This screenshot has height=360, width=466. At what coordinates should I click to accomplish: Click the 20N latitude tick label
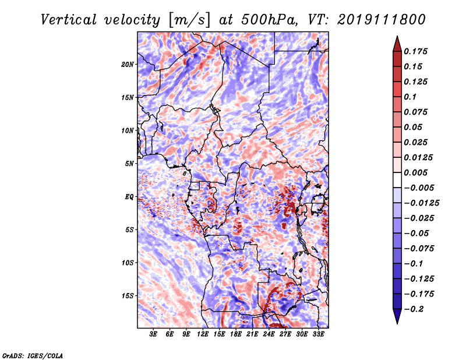pyautogui.click(x=127, y=65)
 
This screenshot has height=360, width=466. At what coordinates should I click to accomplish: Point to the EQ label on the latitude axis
pyautogui.click(x=129, y=197)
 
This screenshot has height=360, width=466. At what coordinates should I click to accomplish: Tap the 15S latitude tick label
pyautogui.click(x=128, y=296)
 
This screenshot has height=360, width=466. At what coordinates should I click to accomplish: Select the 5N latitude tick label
pyautogui.click(x=129, y=164)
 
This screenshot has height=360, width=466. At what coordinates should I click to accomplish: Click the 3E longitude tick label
pyautogui.click(x=153, y=334)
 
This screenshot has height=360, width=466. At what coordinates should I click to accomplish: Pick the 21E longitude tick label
pyautogui.click(x=252, y=334)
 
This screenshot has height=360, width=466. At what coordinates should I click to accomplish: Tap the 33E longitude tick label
pyautogui.click(x=318, y=334)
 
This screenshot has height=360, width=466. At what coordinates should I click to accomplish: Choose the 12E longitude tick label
pyautogui.click(x=202, y=334)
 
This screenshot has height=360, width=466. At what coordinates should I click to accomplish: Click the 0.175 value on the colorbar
pyautogui.click(x=415, y=51)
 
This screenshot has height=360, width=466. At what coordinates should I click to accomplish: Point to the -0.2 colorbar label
pyautogui.click(x=414, y=309)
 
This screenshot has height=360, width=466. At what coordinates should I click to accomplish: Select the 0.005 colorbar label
pyautogui.click(x=415, y=172)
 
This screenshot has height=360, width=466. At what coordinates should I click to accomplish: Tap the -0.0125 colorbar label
pyautogui.click(x=421, y=203)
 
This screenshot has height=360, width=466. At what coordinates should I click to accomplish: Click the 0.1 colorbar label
pyautogui.click(x=410, y=97)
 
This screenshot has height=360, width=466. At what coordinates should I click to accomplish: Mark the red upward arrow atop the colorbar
pyautogui.click(x=397, y=44)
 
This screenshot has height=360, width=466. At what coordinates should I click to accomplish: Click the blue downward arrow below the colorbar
pyautogui.click(x=397, y=316)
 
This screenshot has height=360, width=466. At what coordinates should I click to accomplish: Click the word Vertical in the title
pyautogui.click(x=69, y=20)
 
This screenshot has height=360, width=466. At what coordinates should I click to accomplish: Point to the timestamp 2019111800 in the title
pyautogui.click(x=381, y=20)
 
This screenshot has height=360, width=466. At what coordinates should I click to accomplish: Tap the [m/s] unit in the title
pyautogui.click(x=189, y=20)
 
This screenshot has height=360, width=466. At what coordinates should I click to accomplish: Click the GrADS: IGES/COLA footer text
pyautogui.click(x=33, y=355)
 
